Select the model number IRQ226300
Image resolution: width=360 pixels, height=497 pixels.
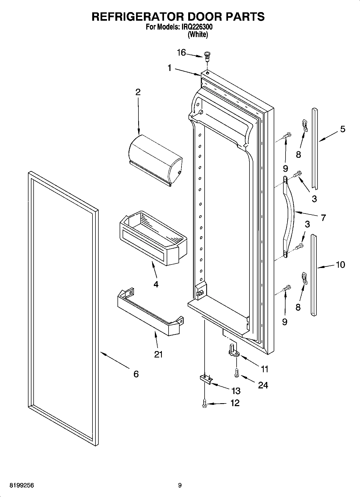(x=197, y=27)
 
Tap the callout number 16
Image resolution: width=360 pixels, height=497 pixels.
(x=181, y=53)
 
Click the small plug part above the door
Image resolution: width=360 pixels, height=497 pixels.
(x=207, y=56)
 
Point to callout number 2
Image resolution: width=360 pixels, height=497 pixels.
(x=138, y=92)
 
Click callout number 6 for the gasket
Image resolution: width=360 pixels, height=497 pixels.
(x=136, y=374)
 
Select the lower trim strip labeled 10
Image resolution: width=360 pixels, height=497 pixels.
(x=314, y=274)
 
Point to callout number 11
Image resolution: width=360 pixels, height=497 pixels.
(x=265, y=369)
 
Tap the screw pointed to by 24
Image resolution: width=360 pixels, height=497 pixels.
(x=237, y=373)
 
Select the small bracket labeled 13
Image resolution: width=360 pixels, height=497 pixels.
(x=206, y=378)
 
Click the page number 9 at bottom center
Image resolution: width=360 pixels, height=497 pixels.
(x=180, y=485)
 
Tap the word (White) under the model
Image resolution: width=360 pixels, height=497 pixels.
(x=198, y=34)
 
